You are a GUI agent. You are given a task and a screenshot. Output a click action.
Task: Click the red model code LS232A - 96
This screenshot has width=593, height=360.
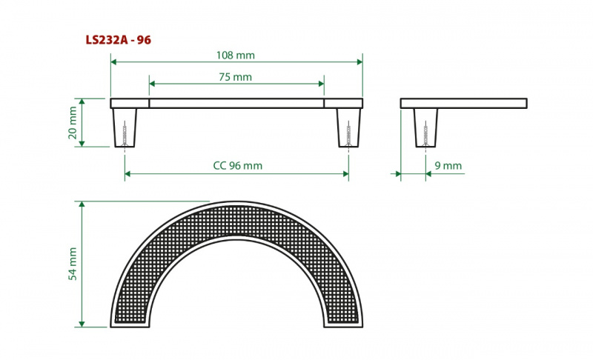pyautogui.click(x=119, y=40)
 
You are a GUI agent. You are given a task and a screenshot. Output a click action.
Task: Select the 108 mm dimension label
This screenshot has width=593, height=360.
pyautogui.click(x=235, y=55)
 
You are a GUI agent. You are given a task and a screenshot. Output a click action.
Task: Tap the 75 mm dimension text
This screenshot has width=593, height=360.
pyautogui.click(x=235, y=77)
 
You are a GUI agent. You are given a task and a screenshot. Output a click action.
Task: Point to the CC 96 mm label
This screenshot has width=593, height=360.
pyautogui.click(x=237, y=165)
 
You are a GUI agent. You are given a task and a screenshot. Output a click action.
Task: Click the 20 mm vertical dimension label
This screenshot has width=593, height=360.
pyautogui.click(x=73, y=122)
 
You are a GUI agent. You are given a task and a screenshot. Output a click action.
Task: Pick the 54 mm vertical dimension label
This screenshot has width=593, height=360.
pyautogui.click(x=73, y=264)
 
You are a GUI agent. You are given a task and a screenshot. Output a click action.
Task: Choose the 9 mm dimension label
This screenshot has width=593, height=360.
pyautogui.click(x=448, y=165)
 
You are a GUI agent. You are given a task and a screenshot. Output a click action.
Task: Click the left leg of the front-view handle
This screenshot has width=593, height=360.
pyautogui.click(x=125, y=127)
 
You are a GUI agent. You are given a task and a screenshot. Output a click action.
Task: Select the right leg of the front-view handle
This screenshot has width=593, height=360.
pyautogui.click(x=348, y=127)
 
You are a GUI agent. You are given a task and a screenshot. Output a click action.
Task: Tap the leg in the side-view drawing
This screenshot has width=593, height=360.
pyautogui.click(x=425, y=127)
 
